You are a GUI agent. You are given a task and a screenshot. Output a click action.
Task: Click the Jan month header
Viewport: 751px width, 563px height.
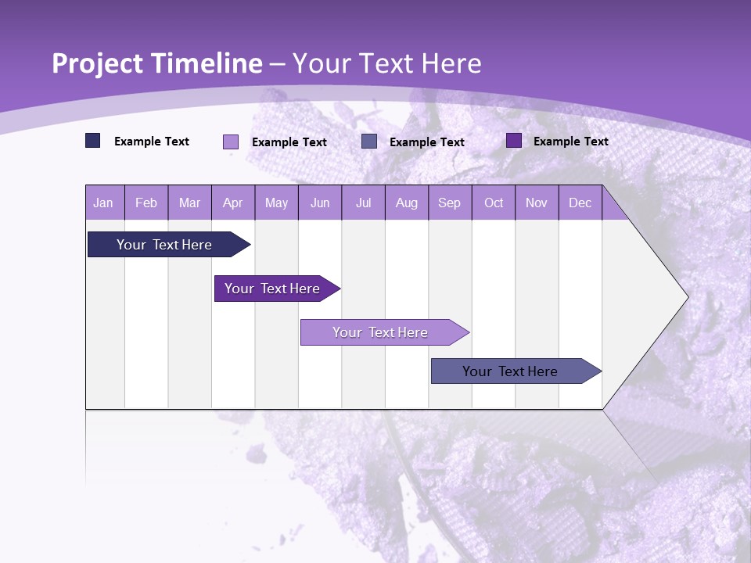(x=103, y=203)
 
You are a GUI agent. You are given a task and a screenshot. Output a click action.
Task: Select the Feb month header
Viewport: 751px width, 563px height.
(x=146, y=203)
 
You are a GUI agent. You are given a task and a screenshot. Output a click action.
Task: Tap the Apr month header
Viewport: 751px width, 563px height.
(x=232, y=203)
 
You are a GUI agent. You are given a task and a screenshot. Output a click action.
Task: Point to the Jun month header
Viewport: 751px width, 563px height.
(x=320, y=203)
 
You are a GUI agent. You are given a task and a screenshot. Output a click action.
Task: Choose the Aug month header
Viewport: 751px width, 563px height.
(x=406, y=203)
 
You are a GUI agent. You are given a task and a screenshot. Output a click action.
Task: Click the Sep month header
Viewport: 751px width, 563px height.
(x=449, y=203)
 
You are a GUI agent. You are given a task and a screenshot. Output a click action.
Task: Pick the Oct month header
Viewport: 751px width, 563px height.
(x=494, y=203)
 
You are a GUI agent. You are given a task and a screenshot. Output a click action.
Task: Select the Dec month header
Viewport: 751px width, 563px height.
(x=580, y=203)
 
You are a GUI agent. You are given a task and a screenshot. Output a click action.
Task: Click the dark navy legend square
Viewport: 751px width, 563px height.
(x=93, y=141)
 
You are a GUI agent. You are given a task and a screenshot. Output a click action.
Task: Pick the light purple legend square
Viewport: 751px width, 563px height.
(x=231, y=142)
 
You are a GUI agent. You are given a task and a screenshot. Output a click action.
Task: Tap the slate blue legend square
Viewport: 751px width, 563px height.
(x=369, y=142)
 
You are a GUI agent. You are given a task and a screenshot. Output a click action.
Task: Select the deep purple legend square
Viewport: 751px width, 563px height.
(x=514, y=141)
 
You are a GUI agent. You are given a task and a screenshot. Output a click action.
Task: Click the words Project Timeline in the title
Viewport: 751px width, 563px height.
(x=157, y=63)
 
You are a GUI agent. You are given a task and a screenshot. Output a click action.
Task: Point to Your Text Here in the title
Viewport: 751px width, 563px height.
(x=386, y=63)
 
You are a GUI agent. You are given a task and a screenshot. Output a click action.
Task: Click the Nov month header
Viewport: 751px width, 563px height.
(x=537, y=203)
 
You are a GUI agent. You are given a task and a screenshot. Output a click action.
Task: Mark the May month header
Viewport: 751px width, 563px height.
(x=276, y=203)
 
